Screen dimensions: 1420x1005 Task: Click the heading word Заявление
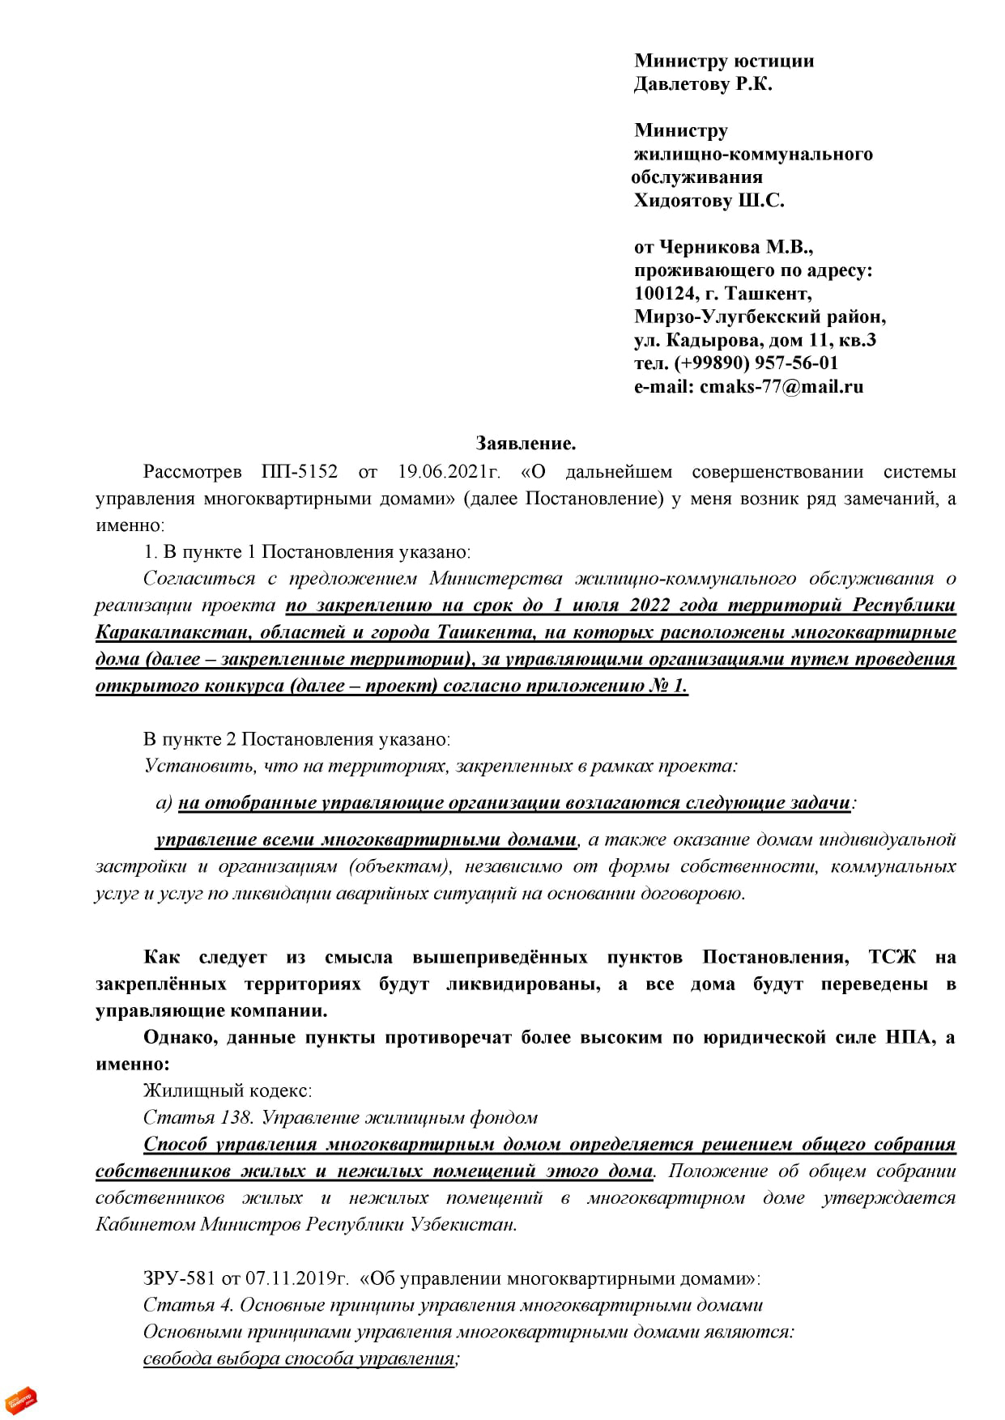click(526, 444)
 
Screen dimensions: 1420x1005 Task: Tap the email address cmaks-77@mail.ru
click(781, 386)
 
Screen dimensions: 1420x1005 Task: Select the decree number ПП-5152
click(300, 472)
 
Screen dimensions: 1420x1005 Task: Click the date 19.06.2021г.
click(449, 472)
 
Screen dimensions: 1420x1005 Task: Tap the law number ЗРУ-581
click(179, 1279)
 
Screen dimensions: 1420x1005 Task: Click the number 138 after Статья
click(236, 1118)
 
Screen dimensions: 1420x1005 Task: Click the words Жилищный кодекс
click(228, 1091)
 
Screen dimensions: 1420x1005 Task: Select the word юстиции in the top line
click(773, 61)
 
